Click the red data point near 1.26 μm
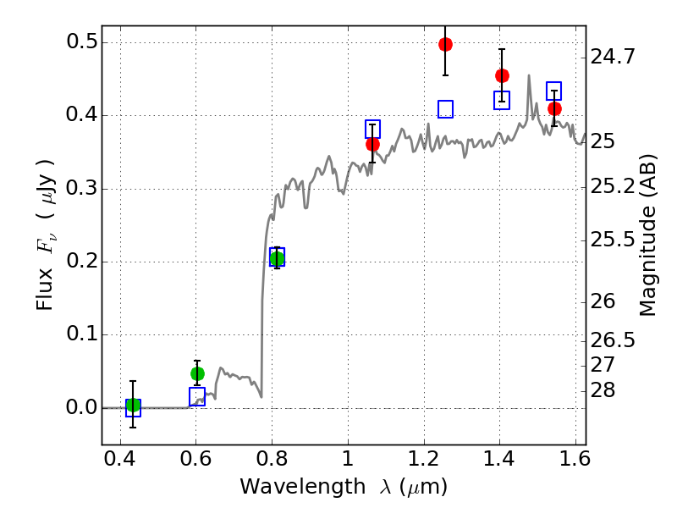446,44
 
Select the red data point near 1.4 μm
502,75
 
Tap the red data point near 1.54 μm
554,108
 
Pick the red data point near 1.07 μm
372,144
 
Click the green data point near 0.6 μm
197,373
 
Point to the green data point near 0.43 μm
133,405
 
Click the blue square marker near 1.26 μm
446,109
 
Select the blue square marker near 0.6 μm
197,397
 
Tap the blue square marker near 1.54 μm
554,91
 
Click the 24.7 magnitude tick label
613,58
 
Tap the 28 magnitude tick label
603,390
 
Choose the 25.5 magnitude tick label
613,240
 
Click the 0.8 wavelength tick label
272,461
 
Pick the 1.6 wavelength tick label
575,461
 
